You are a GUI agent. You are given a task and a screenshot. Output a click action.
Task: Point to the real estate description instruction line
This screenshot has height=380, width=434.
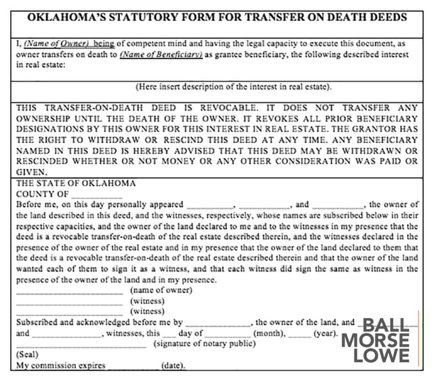tap(233, 87)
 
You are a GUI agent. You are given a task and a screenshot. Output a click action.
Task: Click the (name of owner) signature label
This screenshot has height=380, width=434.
tap(161, 290)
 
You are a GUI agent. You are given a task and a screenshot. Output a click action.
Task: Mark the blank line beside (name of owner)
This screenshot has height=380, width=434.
tap(70, 292)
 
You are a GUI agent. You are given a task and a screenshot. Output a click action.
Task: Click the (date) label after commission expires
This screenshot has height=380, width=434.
tap(174, 366)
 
